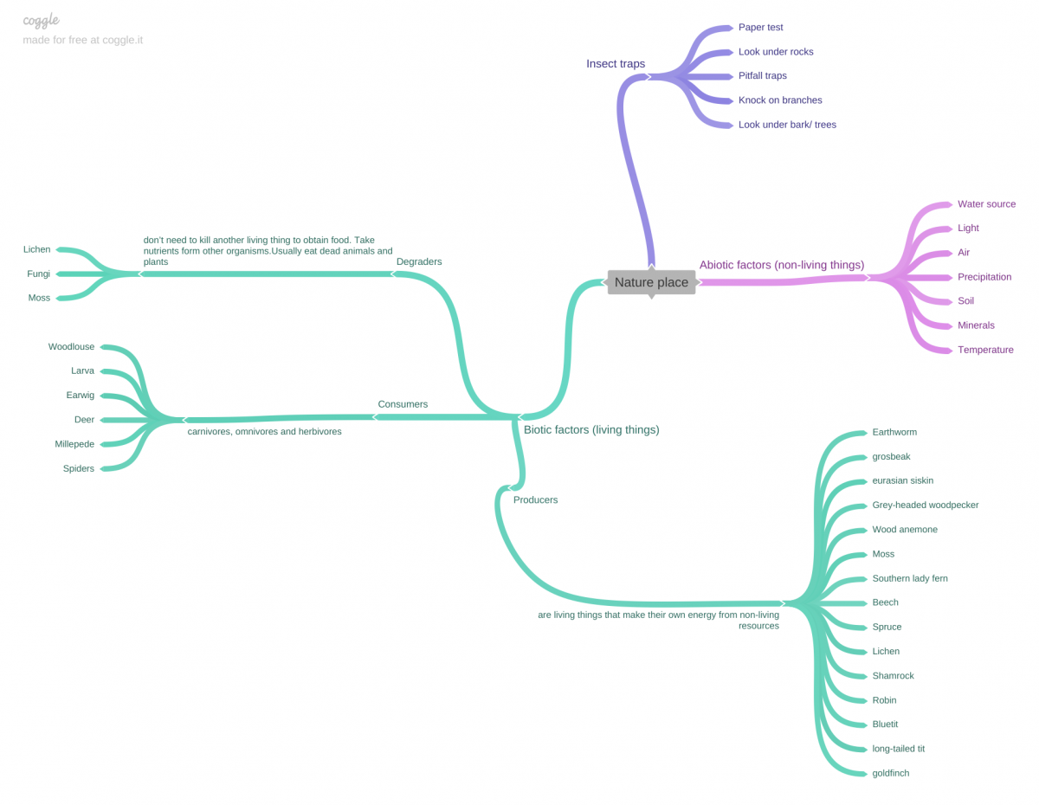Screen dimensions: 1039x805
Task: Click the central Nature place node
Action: coord(651,282)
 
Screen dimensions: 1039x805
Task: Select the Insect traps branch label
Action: coord(615,63)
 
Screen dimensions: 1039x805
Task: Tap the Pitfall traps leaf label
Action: coord(762,75)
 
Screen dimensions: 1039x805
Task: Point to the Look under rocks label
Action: coord(775,52)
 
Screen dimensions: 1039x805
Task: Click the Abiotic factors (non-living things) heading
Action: coord(781,265)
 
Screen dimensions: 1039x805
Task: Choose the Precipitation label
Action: coord(984,277)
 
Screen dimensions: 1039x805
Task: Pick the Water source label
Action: coord(986,204)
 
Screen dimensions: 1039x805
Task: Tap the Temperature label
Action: coord(985,350)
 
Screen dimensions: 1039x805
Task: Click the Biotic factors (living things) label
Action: coord(591,429)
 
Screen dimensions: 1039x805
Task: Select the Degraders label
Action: coord(418,261)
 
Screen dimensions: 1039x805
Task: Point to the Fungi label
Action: coord(38,274)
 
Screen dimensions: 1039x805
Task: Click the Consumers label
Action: coord(402,404)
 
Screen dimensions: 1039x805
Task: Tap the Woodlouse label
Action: coord(71,346)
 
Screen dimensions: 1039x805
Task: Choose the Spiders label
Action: coord(79,468)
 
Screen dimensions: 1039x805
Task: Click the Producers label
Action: coord(535,499)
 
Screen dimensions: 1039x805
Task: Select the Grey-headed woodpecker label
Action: coord(925,505)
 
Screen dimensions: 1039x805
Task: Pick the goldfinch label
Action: coord(890,773)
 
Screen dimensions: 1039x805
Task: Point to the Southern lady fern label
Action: coord(909,578)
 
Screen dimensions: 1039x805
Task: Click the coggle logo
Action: coord(41,20)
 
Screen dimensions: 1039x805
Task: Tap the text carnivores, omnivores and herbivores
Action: coord(264,431)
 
